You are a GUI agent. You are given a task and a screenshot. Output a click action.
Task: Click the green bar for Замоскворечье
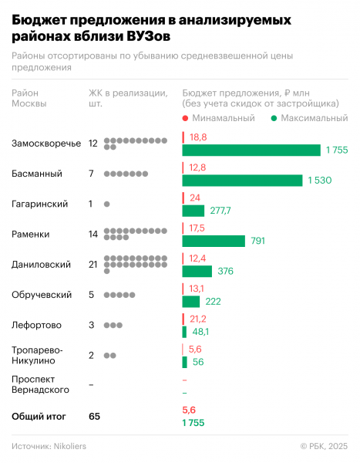pyautogui.click(x=251, y=150)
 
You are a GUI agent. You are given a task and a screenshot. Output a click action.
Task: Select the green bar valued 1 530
pyautogui.click(x=242, y=180)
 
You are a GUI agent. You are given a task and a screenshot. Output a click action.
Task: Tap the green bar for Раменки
pyautogui.click(x=214, y=241)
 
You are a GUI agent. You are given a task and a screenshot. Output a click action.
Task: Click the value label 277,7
pyautogui.click(x=220, y=211)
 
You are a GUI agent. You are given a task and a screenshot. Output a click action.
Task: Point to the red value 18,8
pyautogui.click(x=198, y=137)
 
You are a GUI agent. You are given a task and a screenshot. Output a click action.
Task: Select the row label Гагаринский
pyautogui.click(x=40, y=204)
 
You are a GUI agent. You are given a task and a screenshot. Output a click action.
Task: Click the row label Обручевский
pyautogui.click(x=42, y=294)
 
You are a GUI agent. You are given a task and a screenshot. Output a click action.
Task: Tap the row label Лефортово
pyautogui.click(x=37, y=325)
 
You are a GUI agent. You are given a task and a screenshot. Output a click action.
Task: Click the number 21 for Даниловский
pyautogui.click(x=93, y=264)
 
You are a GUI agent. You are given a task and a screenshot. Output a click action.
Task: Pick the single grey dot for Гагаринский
pyautogui.click(x=106, y=204)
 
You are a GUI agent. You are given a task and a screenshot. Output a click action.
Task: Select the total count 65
pyautogui.click(x=95, y=416)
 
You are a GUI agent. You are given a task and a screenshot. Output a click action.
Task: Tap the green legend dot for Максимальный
pyautogui.click(x=275, y=118)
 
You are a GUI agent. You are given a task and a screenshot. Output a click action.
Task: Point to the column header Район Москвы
pyautogui.click(x=30, y=98)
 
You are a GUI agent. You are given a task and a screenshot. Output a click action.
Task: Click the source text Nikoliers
pyautogui.click(x=72, y=446)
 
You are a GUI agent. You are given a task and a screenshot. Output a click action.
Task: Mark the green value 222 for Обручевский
pyautogui.click(x=214, y=301)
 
